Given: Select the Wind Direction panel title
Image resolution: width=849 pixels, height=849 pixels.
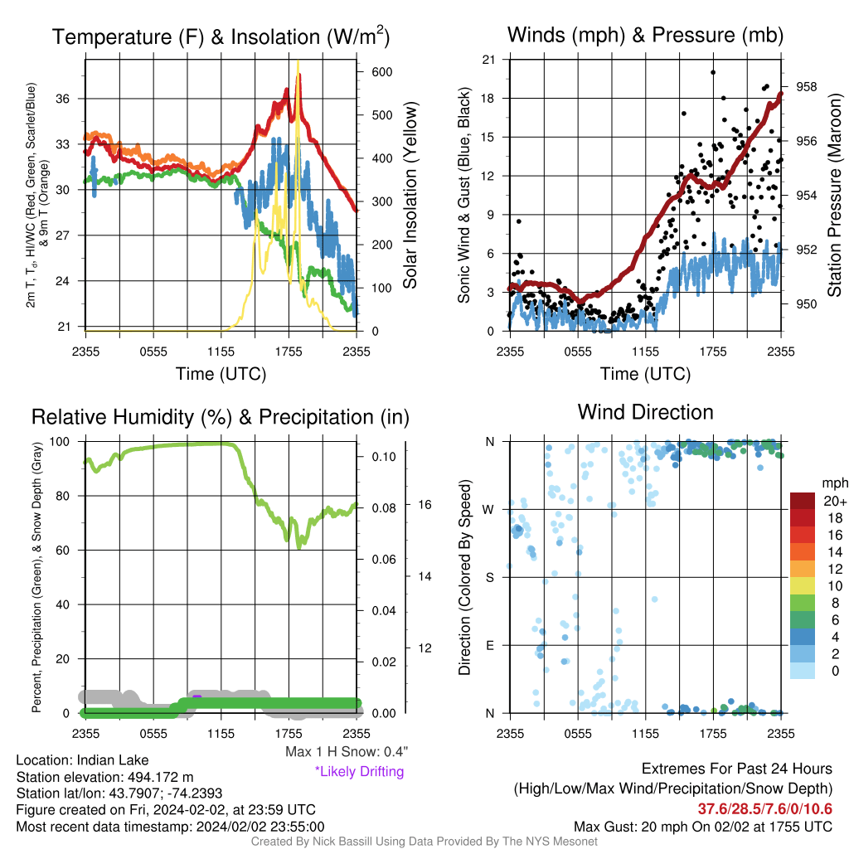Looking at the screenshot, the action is tap(645, 412).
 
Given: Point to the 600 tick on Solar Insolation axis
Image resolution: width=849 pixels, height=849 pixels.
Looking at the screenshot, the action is tap(381, 72).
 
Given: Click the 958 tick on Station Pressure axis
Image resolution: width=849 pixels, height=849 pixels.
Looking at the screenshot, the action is tap(806, 86).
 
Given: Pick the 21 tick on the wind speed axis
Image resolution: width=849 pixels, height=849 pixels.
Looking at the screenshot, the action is tap(488, 60).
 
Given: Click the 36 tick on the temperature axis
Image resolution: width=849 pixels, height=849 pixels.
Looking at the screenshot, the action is tap(63, 99).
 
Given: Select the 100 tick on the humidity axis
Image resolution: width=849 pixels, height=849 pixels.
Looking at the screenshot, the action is tap(60, 441).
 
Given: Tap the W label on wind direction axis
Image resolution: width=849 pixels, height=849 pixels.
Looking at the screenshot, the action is tap(488, 510).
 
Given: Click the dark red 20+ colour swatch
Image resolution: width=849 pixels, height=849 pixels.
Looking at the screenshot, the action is tap(802, 501).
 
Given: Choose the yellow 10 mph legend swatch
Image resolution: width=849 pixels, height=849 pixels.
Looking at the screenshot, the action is tap(802, 585).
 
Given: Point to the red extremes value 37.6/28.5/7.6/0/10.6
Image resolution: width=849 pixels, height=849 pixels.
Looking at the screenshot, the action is tap(764, 809).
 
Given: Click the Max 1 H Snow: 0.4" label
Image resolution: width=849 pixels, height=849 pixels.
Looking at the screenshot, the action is tap(347, 751).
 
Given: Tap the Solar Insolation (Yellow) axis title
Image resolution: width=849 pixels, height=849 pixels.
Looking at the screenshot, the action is tap(410, 195).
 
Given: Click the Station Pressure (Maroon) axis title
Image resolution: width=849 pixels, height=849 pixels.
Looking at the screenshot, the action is tap(834, 195).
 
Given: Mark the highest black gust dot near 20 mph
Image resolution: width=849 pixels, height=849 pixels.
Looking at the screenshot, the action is tap(713, 72).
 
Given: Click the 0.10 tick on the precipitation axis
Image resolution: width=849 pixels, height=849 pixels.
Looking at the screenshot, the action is tap(384, 457).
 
